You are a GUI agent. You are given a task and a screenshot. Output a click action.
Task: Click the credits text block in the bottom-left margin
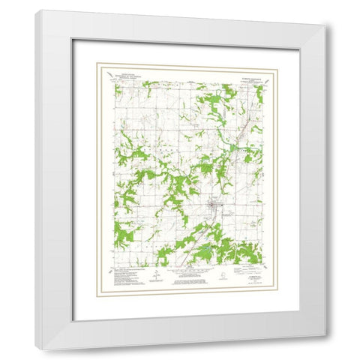[127, 277]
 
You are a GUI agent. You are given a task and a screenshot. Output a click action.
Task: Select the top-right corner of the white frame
[325, 27]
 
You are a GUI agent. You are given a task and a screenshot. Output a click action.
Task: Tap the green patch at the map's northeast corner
[259, 94]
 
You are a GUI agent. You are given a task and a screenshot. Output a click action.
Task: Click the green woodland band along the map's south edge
[225, 251]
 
